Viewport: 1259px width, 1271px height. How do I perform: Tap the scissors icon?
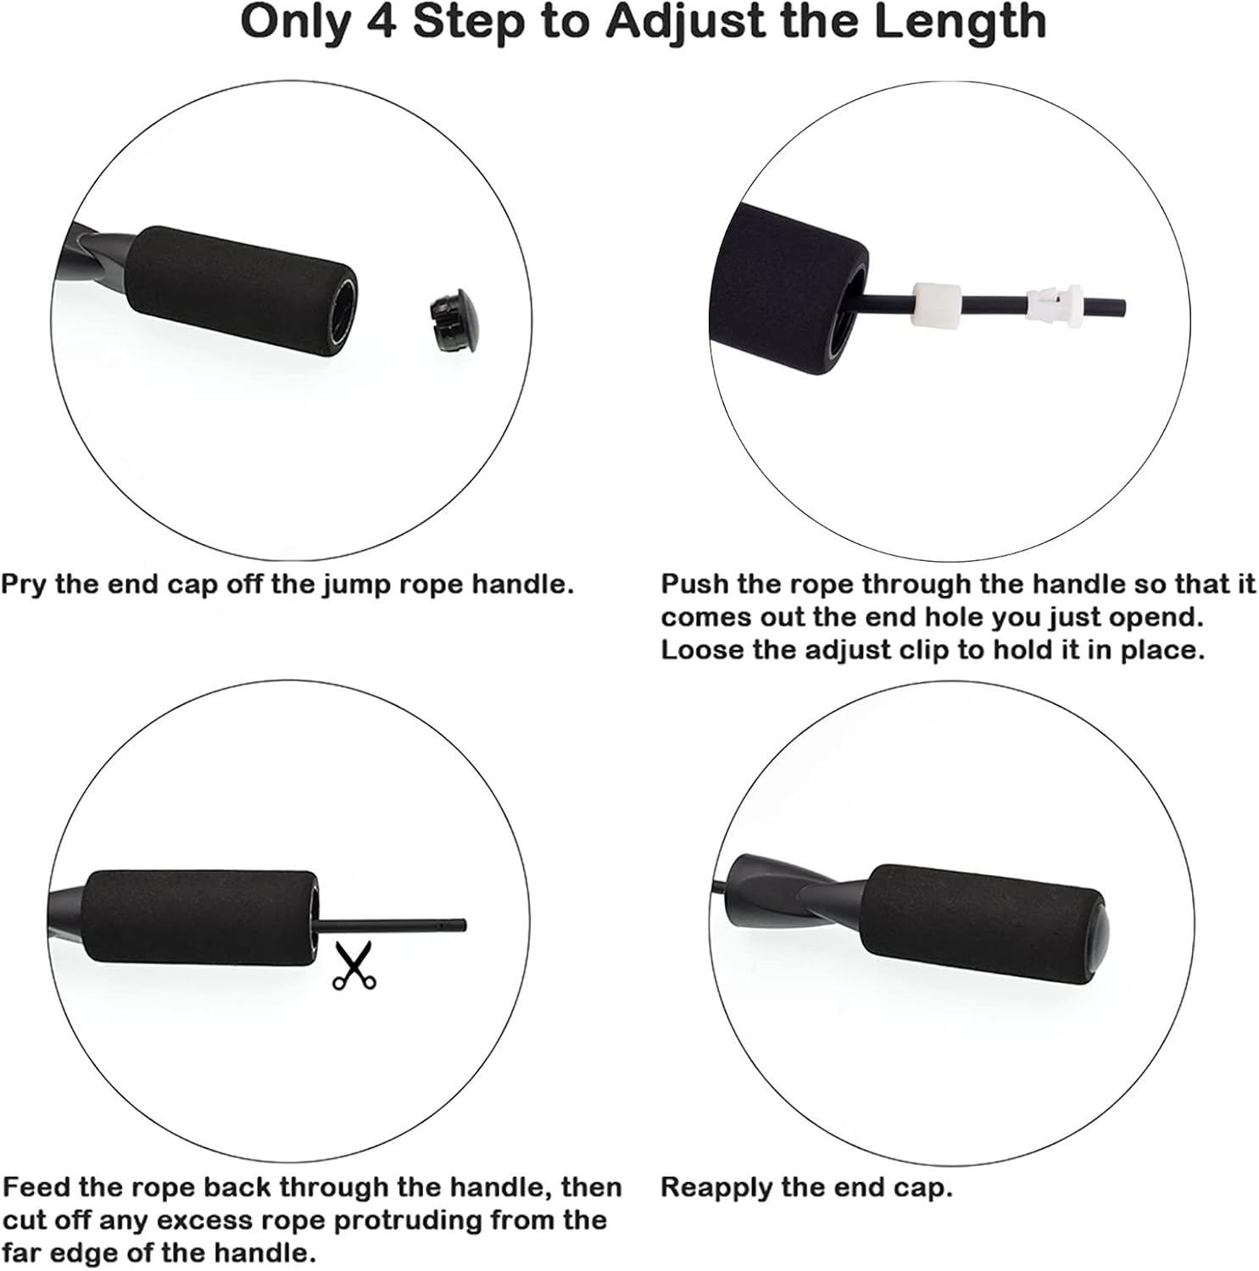coord(354,966)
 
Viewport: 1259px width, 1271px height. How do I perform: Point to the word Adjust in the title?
coord(688,23)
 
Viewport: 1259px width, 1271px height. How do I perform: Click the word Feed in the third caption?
coord(36,1187)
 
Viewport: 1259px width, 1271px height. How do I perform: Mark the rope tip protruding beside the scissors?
coord(462,925)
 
